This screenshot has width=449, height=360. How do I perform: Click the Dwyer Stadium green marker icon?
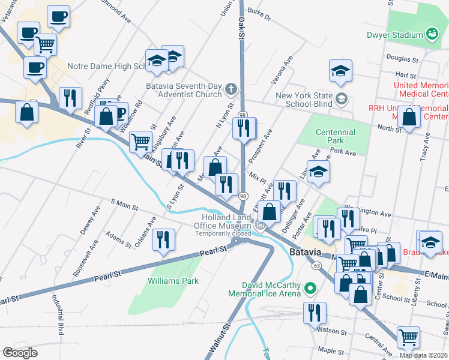[x=432, y=34]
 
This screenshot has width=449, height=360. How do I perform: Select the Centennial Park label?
[x=335, y=137]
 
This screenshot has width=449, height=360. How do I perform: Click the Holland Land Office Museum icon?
[x=260, y=225]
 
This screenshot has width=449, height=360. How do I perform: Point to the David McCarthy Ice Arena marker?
[x=310, y=289]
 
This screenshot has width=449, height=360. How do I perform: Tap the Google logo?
[x=20, y=352]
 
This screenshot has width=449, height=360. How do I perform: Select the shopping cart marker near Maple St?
[x=408, y=337]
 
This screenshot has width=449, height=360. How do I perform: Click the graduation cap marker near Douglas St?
[x=340, y=70]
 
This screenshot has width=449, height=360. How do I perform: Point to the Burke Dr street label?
[x=259, y=14]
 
